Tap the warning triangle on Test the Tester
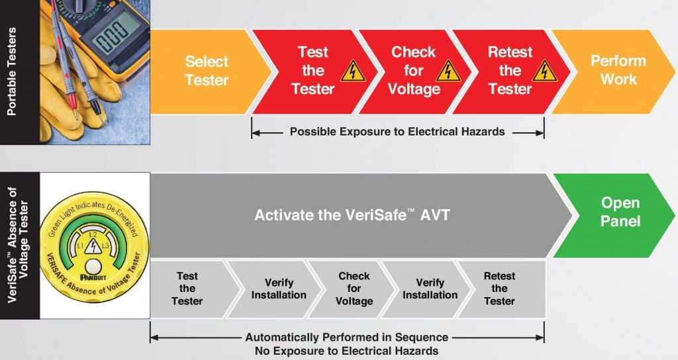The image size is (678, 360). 352,71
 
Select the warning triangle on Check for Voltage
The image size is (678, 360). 448,71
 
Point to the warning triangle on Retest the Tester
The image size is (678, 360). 544,71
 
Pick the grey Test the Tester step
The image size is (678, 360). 187,289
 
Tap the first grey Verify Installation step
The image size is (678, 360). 278,289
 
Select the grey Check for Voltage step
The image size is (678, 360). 354,289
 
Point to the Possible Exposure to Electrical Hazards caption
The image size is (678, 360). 397,132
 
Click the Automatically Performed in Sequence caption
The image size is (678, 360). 347,337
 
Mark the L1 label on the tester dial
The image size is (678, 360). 79,246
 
